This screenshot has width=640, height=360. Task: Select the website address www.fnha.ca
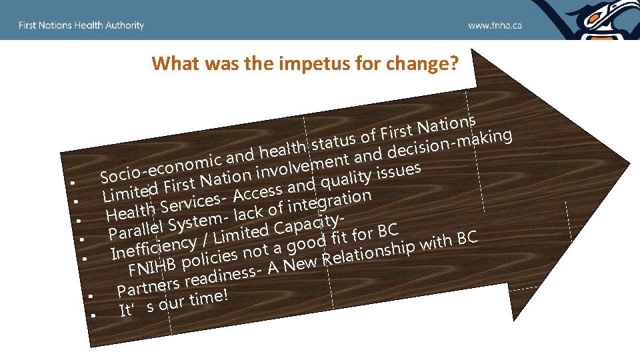click(x=495, y=25)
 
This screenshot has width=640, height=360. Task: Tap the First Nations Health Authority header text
click(x=81, y=25)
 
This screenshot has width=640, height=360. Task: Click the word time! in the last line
click(x=209, y=297)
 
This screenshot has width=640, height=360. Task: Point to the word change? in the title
click(x=427, y=63)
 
